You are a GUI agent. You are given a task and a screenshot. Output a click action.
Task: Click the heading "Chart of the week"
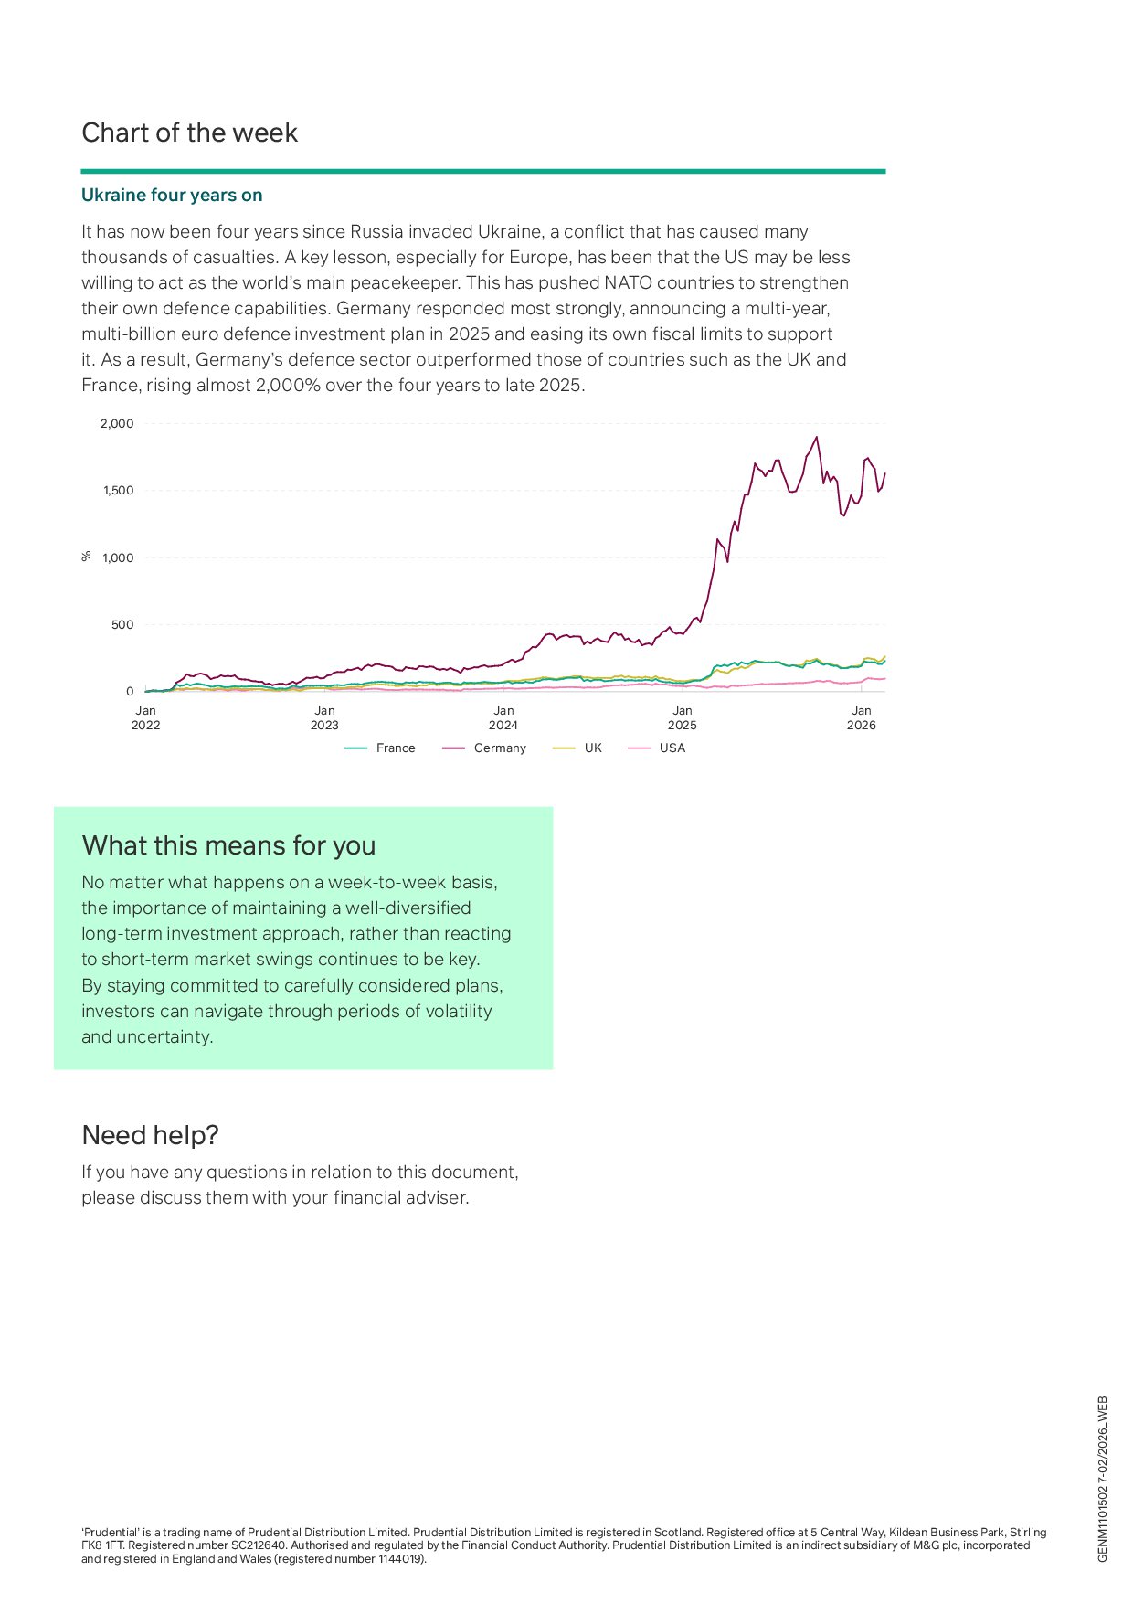click(189, 133)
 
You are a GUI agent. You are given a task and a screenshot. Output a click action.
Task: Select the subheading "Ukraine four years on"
click(172, 196)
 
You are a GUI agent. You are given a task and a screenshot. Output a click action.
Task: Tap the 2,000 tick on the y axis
click(117, 424)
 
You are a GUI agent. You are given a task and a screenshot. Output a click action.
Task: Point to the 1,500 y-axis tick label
click(118, 491)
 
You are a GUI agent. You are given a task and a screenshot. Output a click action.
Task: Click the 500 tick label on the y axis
click(122, 625)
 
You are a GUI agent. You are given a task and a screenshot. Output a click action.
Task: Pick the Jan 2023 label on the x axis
click(324, 717)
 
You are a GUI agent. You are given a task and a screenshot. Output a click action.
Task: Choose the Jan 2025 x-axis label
click(682, 717)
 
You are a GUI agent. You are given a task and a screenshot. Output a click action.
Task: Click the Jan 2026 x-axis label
click(861, 717)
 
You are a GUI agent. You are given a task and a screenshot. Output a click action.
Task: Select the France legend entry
click(381, 748)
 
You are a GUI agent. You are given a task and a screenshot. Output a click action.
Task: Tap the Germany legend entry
click(485, 748)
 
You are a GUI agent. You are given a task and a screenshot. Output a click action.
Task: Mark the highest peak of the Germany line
click(816, 438)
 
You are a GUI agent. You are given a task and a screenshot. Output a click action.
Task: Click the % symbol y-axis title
click(87, 556)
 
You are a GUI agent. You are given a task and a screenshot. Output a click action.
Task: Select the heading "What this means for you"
click(228, 846)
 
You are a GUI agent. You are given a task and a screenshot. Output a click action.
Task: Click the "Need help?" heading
click(150, 1135)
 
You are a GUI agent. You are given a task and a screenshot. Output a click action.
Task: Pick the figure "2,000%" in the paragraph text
click(289, 386)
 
